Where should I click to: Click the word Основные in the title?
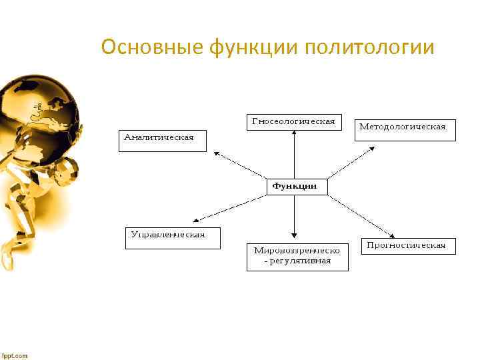151,48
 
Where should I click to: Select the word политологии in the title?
370,48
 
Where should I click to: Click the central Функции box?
297,186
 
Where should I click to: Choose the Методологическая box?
405,127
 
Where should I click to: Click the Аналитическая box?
163,140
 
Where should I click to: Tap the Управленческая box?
173,237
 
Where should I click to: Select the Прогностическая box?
409,245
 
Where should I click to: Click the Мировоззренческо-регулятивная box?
297,256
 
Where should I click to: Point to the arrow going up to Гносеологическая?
294,153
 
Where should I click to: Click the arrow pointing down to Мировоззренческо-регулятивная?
294,217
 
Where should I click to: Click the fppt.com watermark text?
15,355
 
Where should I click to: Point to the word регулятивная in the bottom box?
302,261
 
